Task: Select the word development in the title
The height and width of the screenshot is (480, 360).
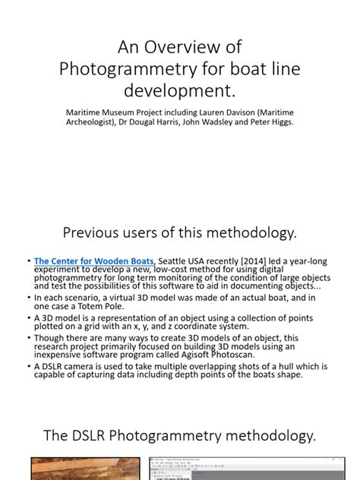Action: pyautogui.click(x=180, y=92)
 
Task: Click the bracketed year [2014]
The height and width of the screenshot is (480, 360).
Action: pyautogui.click(x=255, y=261)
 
